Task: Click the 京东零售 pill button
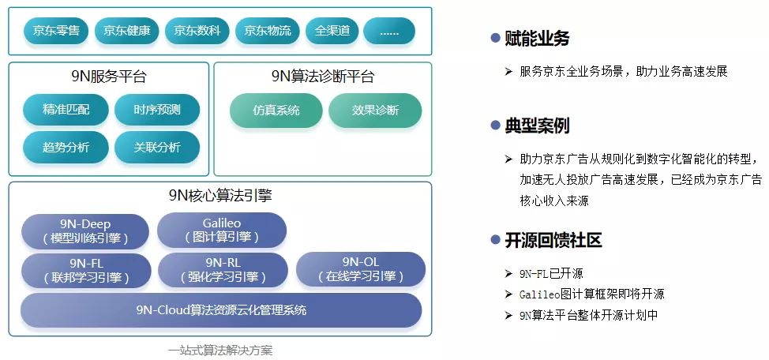pos(56,31)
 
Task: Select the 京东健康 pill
pos(126,31)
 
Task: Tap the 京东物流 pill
pos(268,31)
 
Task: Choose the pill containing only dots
pos(389,31)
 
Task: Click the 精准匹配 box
pos(66,110)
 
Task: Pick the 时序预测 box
pos(157,110)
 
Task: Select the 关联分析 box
pos(157,147)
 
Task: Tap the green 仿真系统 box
pos(276,111)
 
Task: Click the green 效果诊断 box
pos(375,111)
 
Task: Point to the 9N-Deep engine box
pos(85,231)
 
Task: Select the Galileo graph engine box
pos(222,230)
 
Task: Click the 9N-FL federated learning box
pos(86,270)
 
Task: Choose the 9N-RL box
pos(223,269)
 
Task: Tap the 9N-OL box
pos(361,268)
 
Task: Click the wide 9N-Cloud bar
pos(221,310)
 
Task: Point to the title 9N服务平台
pos(108,77)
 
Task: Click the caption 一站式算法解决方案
pos(220,351)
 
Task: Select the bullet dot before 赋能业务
pos(495,38)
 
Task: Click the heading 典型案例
pos(537,126)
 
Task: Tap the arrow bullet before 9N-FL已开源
pos(508,273)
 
